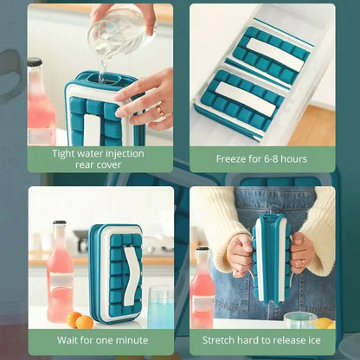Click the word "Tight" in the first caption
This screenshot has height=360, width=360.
click(64, 154)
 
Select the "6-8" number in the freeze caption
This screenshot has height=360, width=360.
click(270, 158)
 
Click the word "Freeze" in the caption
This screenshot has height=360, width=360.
click(232, 158)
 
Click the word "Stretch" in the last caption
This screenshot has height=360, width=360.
click(218, 340)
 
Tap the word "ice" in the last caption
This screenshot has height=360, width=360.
click(314, 340)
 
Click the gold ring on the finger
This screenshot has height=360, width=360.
click(159, 111)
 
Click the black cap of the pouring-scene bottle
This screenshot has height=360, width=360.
click(35, 62)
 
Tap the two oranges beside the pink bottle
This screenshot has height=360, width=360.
click(80, 320)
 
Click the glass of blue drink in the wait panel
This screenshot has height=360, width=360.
click(160, 306)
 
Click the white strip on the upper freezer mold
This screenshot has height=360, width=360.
click(275, 55)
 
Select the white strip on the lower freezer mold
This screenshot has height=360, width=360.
click(246, 99)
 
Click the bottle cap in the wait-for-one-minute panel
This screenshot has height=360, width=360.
click(60, 223)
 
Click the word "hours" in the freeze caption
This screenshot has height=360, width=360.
click(294, 158)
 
